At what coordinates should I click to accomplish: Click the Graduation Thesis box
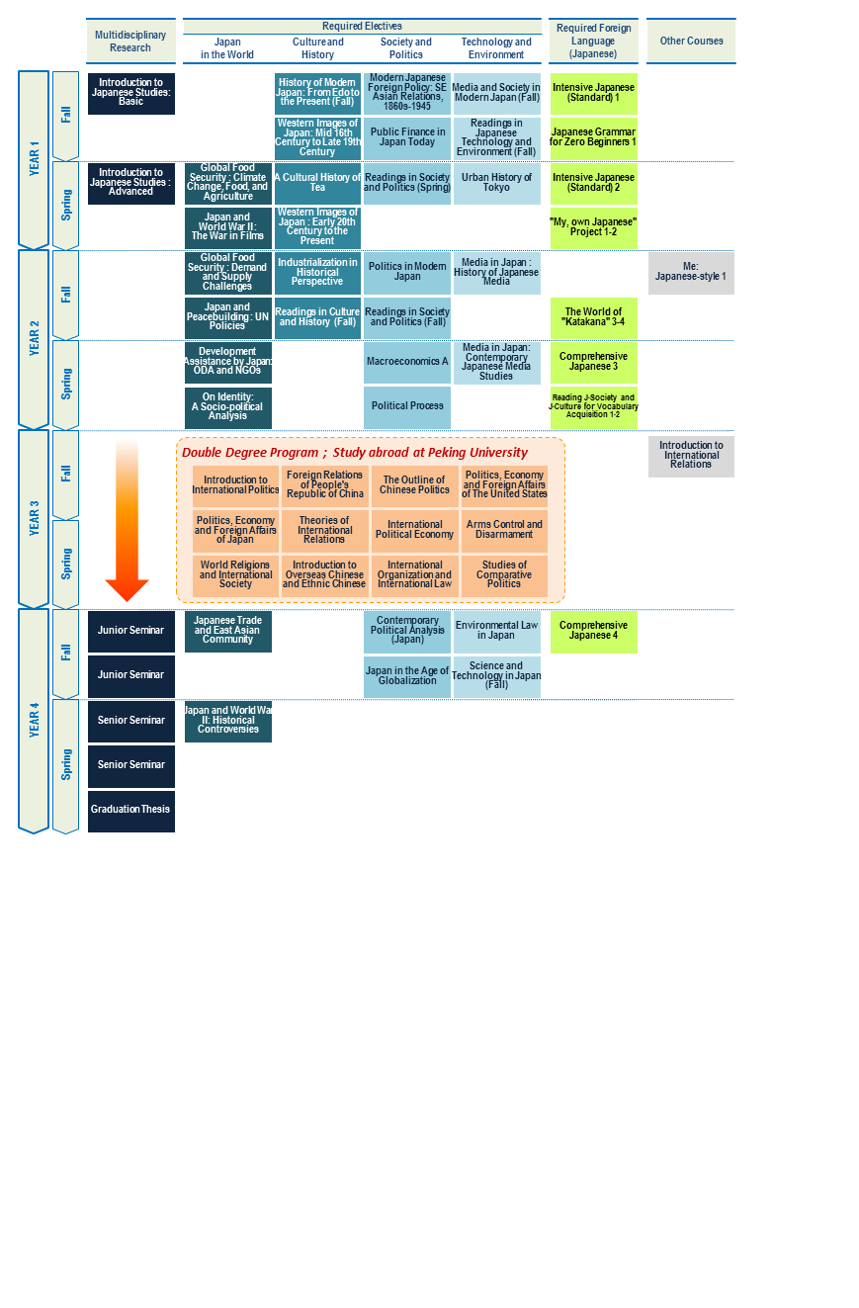coord(131,811)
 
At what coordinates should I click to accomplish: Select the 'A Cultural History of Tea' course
coord(317,183)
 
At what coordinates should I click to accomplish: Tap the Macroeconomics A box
coord(407,362)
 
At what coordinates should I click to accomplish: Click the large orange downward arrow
coord(127,520)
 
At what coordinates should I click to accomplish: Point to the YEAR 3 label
coord(35,518)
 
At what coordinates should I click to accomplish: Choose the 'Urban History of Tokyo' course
coord(497,183)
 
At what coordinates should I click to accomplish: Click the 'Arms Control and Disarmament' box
coord(504,531)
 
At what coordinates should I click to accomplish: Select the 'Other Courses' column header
coord(691,41)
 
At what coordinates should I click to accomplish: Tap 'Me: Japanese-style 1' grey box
coord(691,273)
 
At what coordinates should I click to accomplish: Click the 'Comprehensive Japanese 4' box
coord(594,632)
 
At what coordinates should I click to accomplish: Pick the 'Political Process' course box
coord(407,407)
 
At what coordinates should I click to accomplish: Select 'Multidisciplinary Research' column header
coord(130,41)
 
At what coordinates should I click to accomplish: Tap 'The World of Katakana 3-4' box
coord(594,318)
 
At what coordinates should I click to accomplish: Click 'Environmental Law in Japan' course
coord(497,632)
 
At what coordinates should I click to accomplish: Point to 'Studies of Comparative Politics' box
coord(504,575)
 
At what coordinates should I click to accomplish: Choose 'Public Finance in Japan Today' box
coord(407,138)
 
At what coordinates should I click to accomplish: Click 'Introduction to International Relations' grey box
coord(691,456)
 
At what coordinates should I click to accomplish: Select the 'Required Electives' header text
coord(362,27)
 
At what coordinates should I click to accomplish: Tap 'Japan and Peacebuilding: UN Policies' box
coord(228,318)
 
